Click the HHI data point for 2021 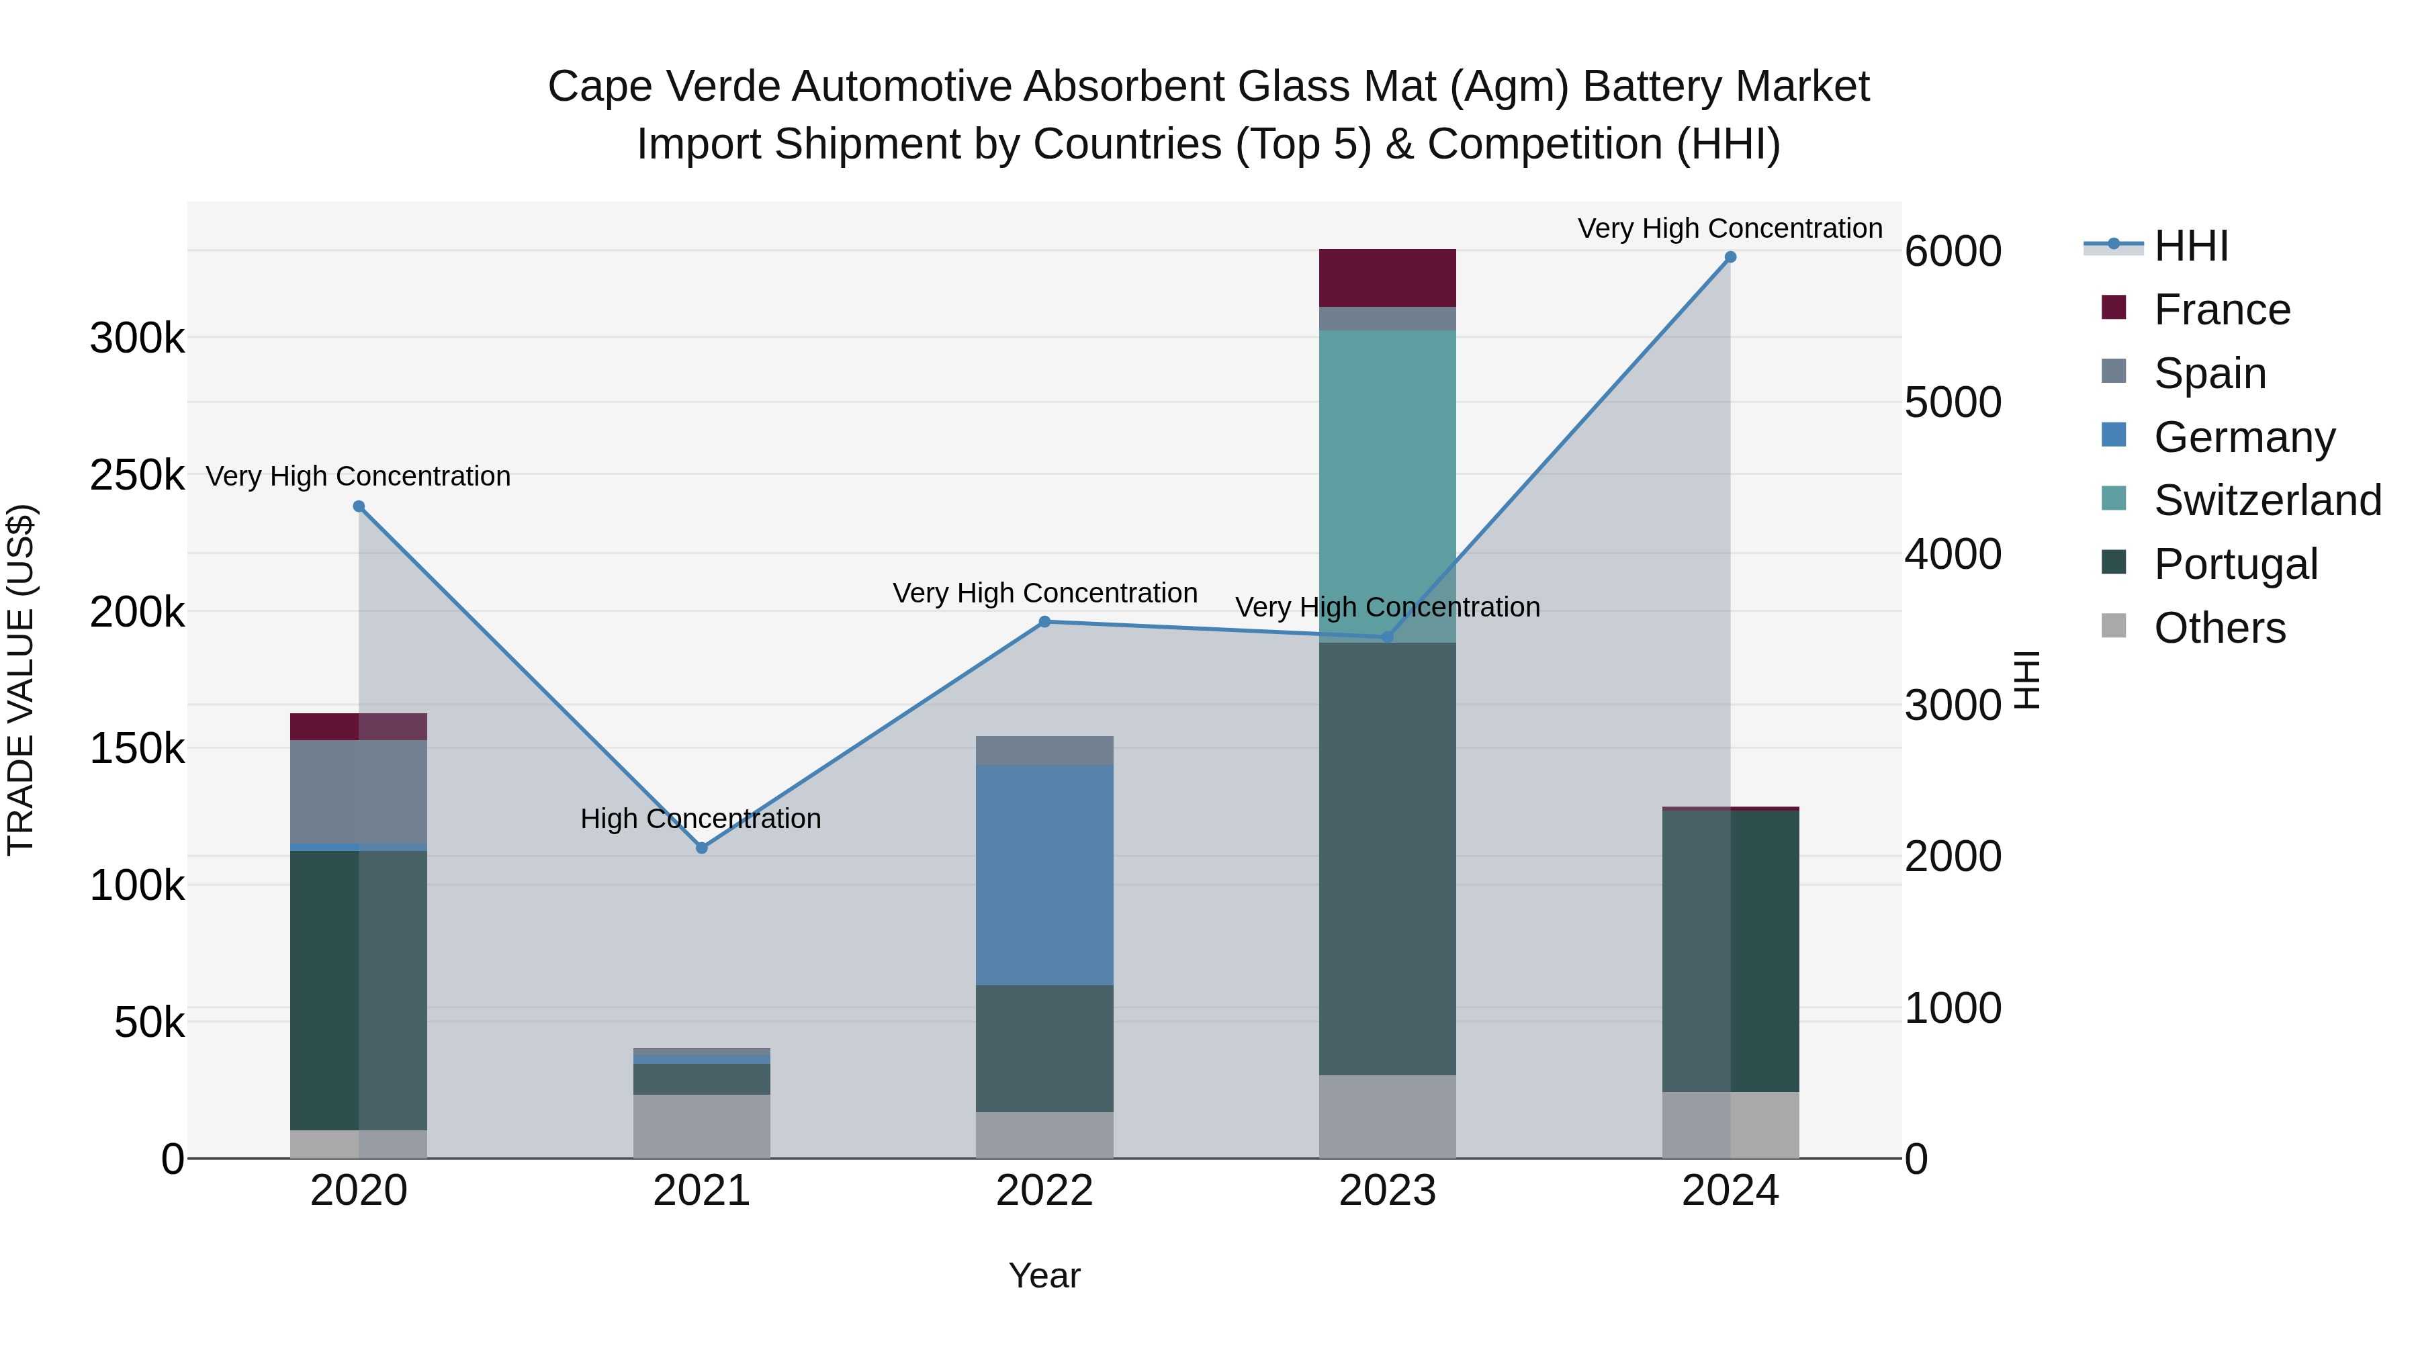click(x=701, y=848)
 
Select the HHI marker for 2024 click(x=1730, y=257)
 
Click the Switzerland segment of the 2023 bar click(x=1388, y=486)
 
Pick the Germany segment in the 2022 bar click(x=1044, y=874)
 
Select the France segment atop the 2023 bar click(x=1388, y=278)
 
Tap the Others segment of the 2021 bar click(x=701, y=1126)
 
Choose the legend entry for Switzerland click(x=2267, y=500)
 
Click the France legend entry click(x=2221, y=310)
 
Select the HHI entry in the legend click(x=2190, y=246)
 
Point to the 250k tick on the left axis click(x=137, y=475)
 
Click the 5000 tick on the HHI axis click(x=1953, y=403)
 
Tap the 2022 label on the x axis click(x=1044, y=1191)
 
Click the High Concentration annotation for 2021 click(x=701, y=819)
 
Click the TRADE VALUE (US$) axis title click(x=21, y=680)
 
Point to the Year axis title click(x=1044, y=1275)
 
